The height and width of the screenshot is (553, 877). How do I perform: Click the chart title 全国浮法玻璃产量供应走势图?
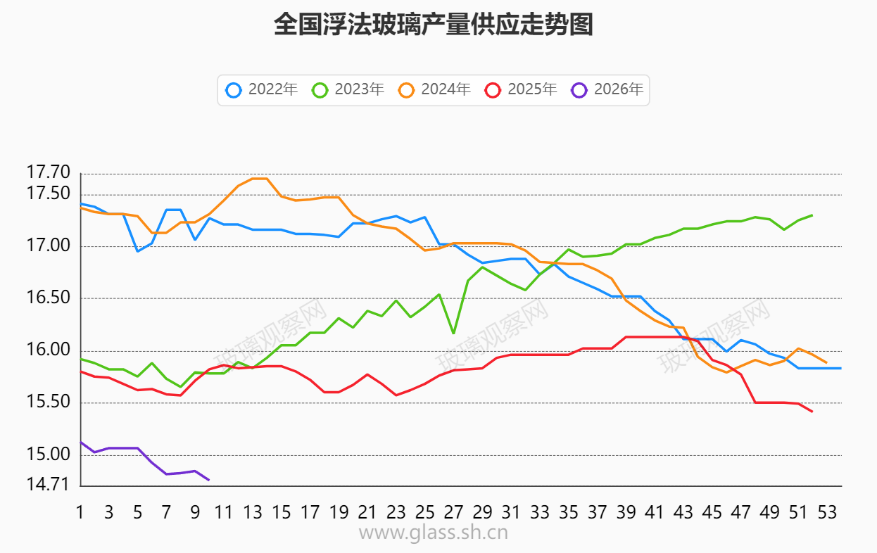(x=433, y=25)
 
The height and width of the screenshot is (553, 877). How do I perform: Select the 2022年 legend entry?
(x=262, y=90)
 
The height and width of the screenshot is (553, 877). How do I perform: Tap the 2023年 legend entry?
(x=348, y=90)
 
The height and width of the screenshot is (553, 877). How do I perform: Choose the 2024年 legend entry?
(x=434, y=90)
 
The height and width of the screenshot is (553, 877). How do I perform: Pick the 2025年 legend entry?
(x=521, y=90)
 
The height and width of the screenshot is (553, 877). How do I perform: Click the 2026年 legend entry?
(x=607, y=90)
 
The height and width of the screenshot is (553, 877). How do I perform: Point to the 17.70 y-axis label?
(x=49, y=172)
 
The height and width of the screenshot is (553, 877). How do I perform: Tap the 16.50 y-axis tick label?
(x=49, y=298)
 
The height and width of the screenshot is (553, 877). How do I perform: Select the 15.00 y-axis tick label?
(x=49, y=455)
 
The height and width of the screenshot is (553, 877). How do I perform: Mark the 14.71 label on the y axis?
(x=49, y=485)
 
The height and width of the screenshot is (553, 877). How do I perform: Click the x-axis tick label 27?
(x=453, y=513)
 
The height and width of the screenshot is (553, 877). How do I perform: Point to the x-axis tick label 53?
(x=827, y=513)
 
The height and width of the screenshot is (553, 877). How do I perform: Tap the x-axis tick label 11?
(x=224, y=513)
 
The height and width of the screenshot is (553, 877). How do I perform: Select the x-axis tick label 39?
(x=626, y=513)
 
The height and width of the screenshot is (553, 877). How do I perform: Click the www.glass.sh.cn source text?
(x=433, y=533)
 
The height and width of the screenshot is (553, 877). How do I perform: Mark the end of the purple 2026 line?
(x=209, y=480)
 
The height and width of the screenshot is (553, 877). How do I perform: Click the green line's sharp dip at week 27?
(x=453, y=333)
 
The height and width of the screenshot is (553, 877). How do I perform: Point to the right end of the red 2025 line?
(x=812, y=412)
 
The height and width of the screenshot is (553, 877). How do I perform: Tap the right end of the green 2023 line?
(x=812, y=215)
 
